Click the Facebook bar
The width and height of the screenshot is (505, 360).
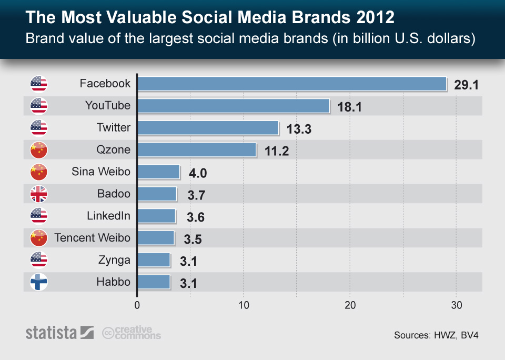coord(292,84)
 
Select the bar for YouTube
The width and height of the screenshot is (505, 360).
coord(234,106)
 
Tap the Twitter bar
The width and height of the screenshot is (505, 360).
coord(208,128)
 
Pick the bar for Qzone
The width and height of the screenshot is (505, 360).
coord(197,150)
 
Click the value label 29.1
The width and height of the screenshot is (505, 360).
coord(466,85)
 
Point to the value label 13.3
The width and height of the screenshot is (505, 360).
coord(299,129)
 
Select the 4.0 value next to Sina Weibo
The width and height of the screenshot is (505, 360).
coord(199,174)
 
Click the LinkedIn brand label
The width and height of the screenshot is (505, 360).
coord(108,216)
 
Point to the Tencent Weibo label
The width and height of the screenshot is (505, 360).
coord(92,238)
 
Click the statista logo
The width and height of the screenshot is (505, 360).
coord(59,333)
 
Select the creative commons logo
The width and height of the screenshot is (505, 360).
coord(132,333)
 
